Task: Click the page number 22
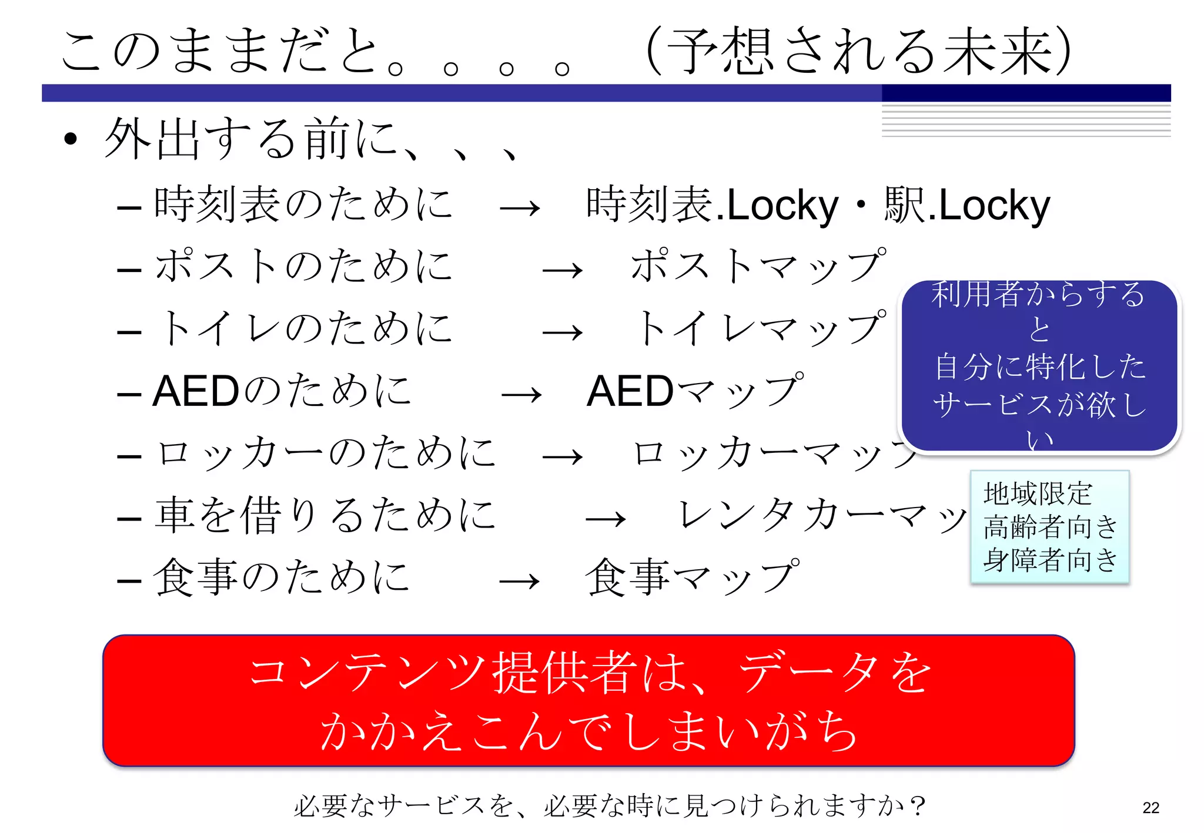coord(1151,808)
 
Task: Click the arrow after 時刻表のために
coord(520,208)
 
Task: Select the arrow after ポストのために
coord(563,270)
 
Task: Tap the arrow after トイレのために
coord(563,332)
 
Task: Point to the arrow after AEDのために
coord(521,395)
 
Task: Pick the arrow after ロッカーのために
coord(563,457)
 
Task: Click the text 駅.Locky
coord(967,206)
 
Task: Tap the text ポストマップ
coord(758,266)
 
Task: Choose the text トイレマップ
coord(761,328)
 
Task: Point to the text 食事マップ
coord(693,577)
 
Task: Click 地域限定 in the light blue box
coord(1038,493)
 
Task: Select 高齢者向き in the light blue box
coord(1050,526)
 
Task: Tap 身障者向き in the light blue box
coord(1050,559)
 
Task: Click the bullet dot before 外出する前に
coord(71,139)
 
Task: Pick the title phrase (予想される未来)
coord(858,52)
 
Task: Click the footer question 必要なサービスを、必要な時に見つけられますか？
coord(610,806)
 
